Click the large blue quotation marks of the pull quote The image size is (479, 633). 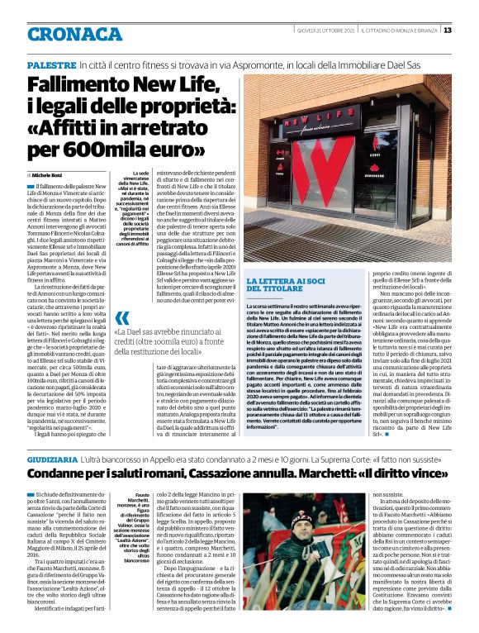122,318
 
